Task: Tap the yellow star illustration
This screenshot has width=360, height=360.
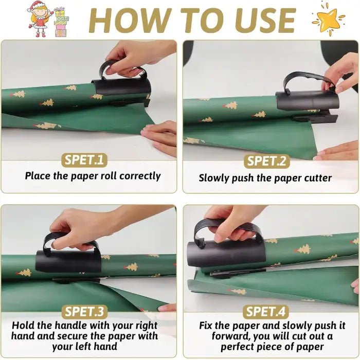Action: [328, 20]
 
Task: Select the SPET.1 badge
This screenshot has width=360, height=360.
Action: [84, 160]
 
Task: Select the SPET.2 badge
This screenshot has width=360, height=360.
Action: [266, 160]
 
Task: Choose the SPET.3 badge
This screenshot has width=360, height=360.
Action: [84, 312]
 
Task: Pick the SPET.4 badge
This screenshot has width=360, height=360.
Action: [266, 312]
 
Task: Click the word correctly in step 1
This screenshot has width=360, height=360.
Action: [140, 176]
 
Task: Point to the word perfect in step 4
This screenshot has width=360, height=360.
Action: [237, 347]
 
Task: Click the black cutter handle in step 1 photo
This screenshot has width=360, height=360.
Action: [122, 68]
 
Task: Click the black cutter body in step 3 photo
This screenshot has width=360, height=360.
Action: [68, 261]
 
